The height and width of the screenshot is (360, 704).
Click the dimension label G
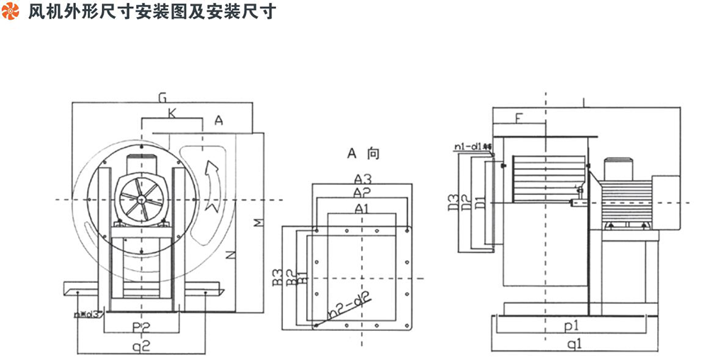(x=163, y=96)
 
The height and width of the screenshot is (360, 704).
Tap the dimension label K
(x=172, y=113)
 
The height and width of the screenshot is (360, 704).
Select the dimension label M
(x=259, y=223)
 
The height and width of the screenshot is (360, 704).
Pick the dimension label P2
(x=140, y=326)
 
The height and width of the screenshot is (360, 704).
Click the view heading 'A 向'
(x=363, y=152)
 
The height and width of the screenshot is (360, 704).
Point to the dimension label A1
(x=362, y=208)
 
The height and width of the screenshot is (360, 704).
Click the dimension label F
(x=518, y=118)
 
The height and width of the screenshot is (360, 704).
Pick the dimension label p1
(x=573, y=327)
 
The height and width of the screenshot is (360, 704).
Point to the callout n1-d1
(x=473, y=147)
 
